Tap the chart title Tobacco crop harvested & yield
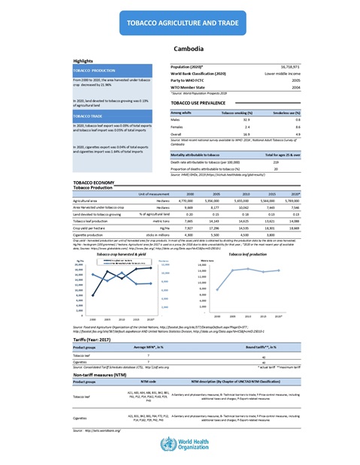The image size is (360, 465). coord(124,255)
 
